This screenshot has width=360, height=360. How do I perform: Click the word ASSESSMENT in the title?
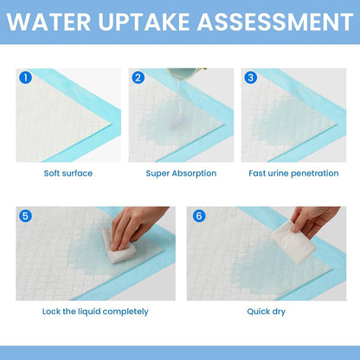coord(264,21)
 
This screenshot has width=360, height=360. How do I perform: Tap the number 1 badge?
coord(26,77)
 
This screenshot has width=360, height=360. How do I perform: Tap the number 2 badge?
coord(138,77)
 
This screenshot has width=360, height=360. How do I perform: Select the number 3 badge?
coord(251,77)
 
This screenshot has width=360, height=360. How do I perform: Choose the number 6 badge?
coord(198,215)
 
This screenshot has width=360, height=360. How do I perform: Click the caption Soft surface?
coord(68,173)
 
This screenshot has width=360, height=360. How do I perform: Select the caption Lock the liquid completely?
coord(95,312)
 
